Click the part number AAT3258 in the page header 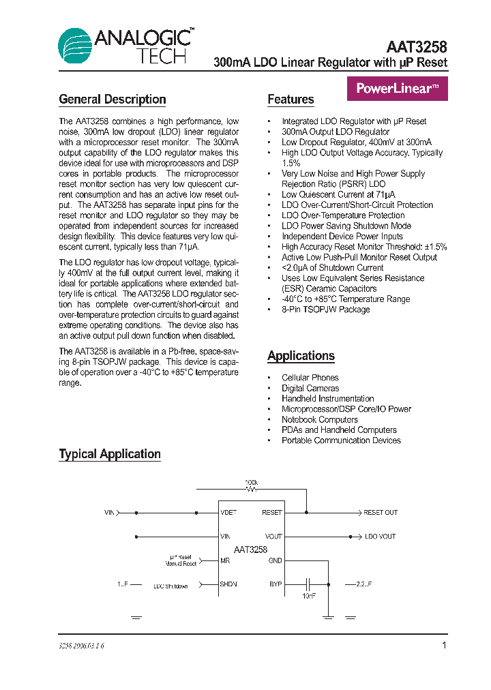[x=416, y=47]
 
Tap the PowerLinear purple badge [x=398, y=88]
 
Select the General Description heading [x=113, y=100]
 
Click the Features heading [x=291, y=100]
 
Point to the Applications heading [x=301, y=356]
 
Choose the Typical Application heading [x=110, y=454]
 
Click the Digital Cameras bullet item [x=310, y=388]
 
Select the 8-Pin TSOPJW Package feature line [x=325, y=310]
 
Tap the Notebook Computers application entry [x=319, y=419]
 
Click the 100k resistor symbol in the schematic [x=252, y=489]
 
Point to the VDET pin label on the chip [x=229, y=512]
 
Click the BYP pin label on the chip [x=275, y=584]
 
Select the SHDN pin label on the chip [x=228, y=584]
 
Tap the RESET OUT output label [x=380, y=512]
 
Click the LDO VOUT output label [x=380, y=537]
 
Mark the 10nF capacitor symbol [x=308, y=584]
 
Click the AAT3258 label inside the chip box [x=250, y=549]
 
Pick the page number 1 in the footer [x=444, y=645]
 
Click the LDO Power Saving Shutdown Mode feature [x=346, y=226]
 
